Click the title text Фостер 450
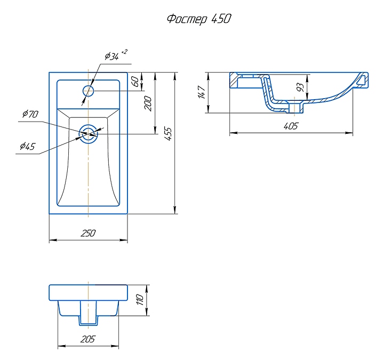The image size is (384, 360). point(199,19)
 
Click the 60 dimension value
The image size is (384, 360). point(135,82)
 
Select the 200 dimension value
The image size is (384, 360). point(149,103)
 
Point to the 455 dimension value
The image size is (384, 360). point(169,133)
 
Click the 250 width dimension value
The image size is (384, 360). point(88,233)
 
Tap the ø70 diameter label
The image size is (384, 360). point(30,114)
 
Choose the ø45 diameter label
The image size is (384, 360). point(27,146)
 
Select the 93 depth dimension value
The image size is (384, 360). point(300,86)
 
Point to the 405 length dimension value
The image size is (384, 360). point(291,126)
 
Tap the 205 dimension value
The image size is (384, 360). point(88,339)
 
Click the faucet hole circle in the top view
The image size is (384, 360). point(88,91)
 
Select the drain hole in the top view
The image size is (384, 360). point(88,133)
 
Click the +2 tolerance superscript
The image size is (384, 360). point(124,52)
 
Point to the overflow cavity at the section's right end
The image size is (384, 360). point(363,80)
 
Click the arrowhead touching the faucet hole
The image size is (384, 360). point(84,97)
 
